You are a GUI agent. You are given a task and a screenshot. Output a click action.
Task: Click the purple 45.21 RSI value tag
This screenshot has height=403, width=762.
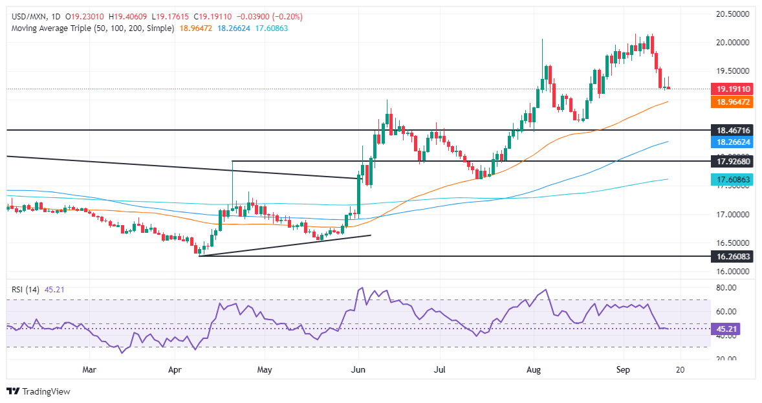[725, 329]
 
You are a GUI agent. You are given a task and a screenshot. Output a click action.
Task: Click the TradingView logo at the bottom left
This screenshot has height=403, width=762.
[38, 391]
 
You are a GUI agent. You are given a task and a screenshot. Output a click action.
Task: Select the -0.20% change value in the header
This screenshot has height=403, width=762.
[288, 16]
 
